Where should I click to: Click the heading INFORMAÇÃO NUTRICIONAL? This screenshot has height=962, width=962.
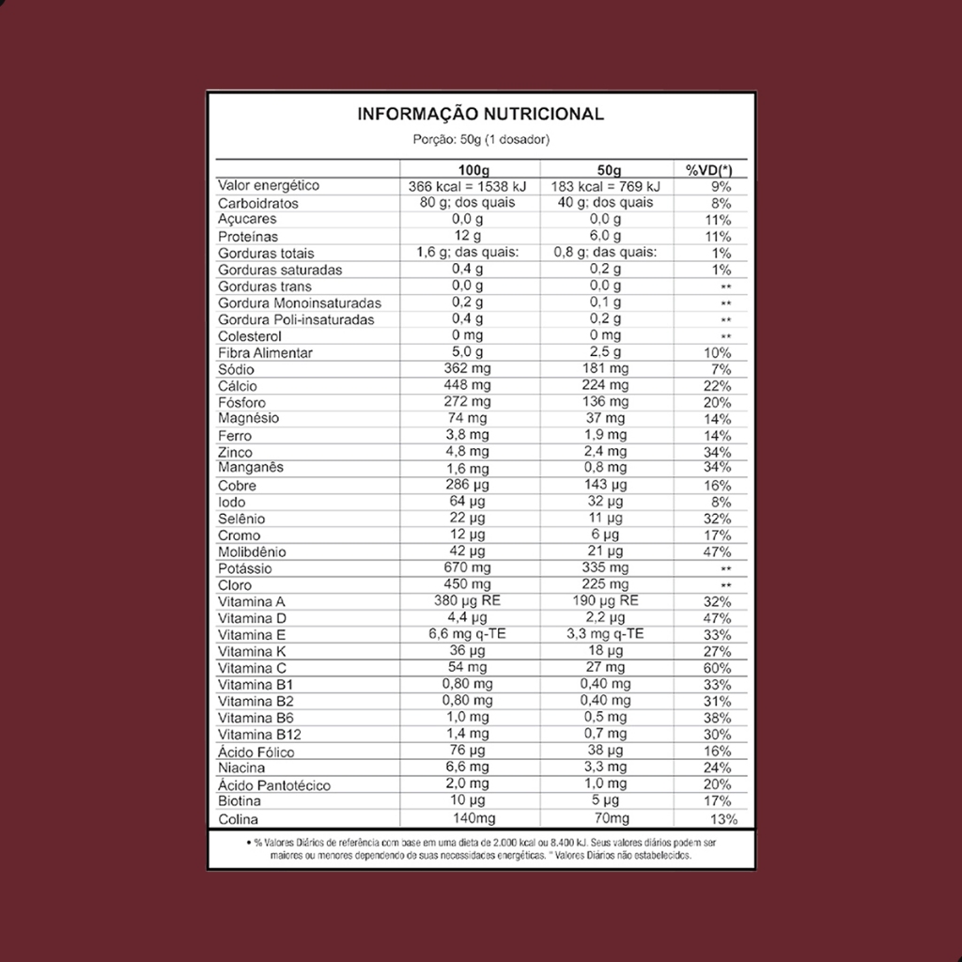click(480, 115)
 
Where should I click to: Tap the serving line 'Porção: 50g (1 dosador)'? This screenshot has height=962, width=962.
click(480, 139)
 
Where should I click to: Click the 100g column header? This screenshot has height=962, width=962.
click(467, 169)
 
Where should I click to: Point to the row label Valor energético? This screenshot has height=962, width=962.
click(269, 186)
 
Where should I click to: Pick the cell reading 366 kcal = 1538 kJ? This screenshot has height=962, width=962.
click(467, 186)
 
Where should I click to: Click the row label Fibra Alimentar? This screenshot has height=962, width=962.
click(265, 353)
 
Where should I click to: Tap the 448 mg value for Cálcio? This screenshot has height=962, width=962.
click(467, 386)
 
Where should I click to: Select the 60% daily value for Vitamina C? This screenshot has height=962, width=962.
click(716, 668)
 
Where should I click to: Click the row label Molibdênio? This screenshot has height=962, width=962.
click(252, 552)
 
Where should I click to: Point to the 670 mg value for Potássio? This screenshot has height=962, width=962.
click(467, 568)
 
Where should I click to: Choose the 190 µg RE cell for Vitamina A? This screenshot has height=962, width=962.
click(605, 601)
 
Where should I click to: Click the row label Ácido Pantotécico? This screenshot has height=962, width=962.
click(273, 785)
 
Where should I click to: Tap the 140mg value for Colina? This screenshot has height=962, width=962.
click(467, 819)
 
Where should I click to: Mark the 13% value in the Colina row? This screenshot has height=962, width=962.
click(718, 819)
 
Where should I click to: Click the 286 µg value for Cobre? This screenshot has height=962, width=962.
click(467, 486)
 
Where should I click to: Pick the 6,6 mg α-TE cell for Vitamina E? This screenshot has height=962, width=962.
click(467, 634)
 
